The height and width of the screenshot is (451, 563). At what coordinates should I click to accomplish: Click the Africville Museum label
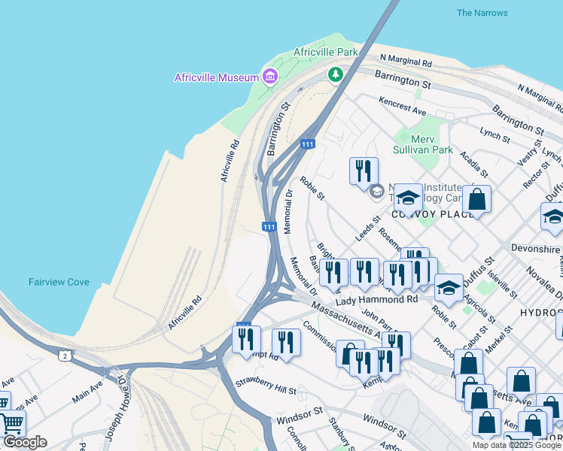(217, 77)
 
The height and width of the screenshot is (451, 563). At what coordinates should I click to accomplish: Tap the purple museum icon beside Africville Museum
(269, 76)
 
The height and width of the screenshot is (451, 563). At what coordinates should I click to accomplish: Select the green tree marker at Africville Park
(335, 74)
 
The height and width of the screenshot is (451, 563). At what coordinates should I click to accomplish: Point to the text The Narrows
(482, 13)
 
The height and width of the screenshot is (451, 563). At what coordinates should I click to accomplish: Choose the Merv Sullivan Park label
(423, 144)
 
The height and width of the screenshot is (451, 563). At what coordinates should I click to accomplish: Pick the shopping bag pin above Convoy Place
(476, 200)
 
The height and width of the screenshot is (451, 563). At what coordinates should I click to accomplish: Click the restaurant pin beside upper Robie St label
(364, 171)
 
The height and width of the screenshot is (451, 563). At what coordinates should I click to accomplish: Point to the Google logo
(24, 442)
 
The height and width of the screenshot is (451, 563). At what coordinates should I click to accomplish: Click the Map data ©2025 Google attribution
(516, 445)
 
